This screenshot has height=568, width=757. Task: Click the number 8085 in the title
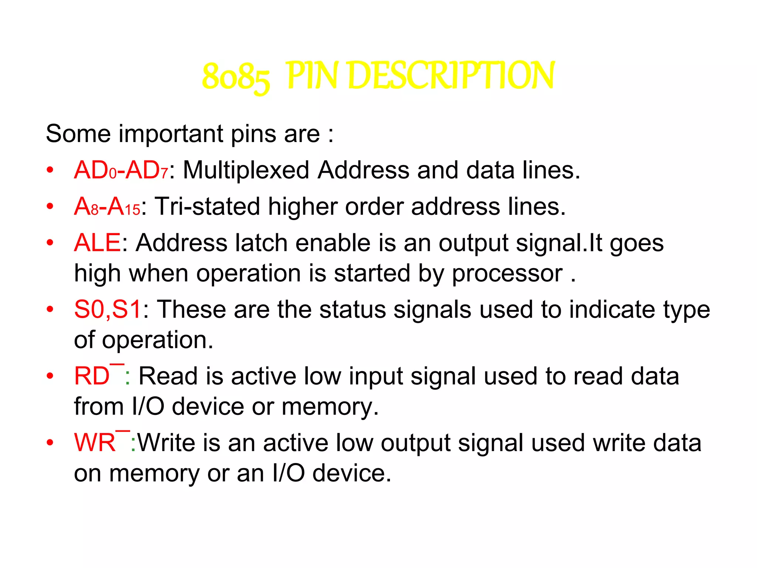236,77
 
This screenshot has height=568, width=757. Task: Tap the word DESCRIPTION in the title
451,76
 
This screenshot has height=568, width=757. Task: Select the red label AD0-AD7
121,170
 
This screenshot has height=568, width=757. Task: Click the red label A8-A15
107,207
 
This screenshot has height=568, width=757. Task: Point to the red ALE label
97,243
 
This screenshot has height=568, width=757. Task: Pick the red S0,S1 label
108,309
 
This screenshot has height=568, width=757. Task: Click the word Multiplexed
246,170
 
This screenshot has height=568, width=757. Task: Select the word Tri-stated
207,206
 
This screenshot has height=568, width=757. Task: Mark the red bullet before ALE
50,243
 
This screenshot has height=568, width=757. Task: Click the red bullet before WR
50,443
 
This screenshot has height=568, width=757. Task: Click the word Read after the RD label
168,376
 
